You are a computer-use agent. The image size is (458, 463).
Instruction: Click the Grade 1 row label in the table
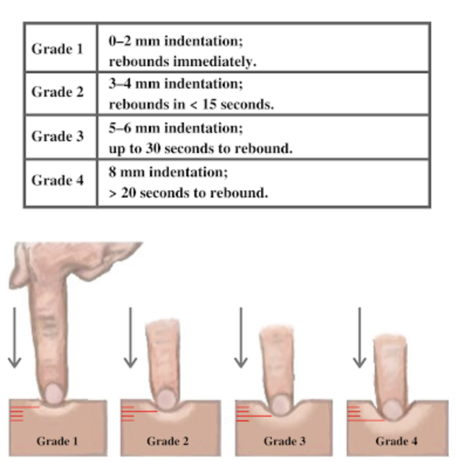[57, 49]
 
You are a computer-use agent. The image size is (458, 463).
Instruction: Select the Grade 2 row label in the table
[57, 92]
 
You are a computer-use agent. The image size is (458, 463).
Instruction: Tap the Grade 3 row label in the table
[57, 136]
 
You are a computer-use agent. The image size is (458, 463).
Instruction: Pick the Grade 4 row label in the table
[57, 180]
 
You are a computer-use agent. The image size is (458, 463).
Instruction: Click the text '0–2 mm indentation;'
[176, 41]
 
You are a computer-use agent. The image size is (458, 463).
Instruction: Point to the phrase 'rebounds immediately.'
[183, 62]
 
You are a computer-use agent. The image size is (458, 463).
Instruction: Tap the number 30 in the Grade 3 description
[153, 148]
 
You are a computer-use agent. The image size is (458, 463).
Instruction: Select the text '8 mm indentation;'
[168, 172]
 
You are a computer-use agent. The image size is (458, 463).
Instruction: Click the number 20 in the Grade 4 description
[129, 193]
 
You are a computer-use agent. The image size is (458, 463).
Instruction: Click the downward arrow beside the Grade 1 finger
[15, 338]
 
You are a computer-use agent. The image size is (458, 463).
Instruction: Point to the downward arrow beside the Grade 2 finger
[131, 338]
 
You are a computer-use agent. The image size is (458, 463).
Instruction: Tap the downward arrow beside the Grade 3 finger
[241, 338]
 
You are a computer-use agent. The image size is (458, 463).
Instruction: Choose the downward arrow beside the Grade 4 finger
[360, 338]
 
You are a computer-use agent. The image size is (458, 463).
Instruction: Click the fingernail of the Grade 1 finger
[54, 393]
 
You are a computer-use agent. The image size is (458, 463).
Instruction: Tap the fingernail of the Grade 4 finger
[393, 410]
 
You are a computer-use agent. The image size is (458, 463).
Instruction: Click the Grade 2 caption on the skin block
[168, 441]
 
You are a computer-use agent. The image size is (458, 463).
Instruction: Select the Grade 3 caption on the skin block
[285, 441]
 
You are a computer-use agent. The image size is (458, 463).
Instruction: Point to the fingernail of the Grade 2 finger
[166, 399]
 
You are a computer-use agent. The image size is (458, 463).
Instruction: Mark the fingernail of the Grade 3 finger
[281, 404]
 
